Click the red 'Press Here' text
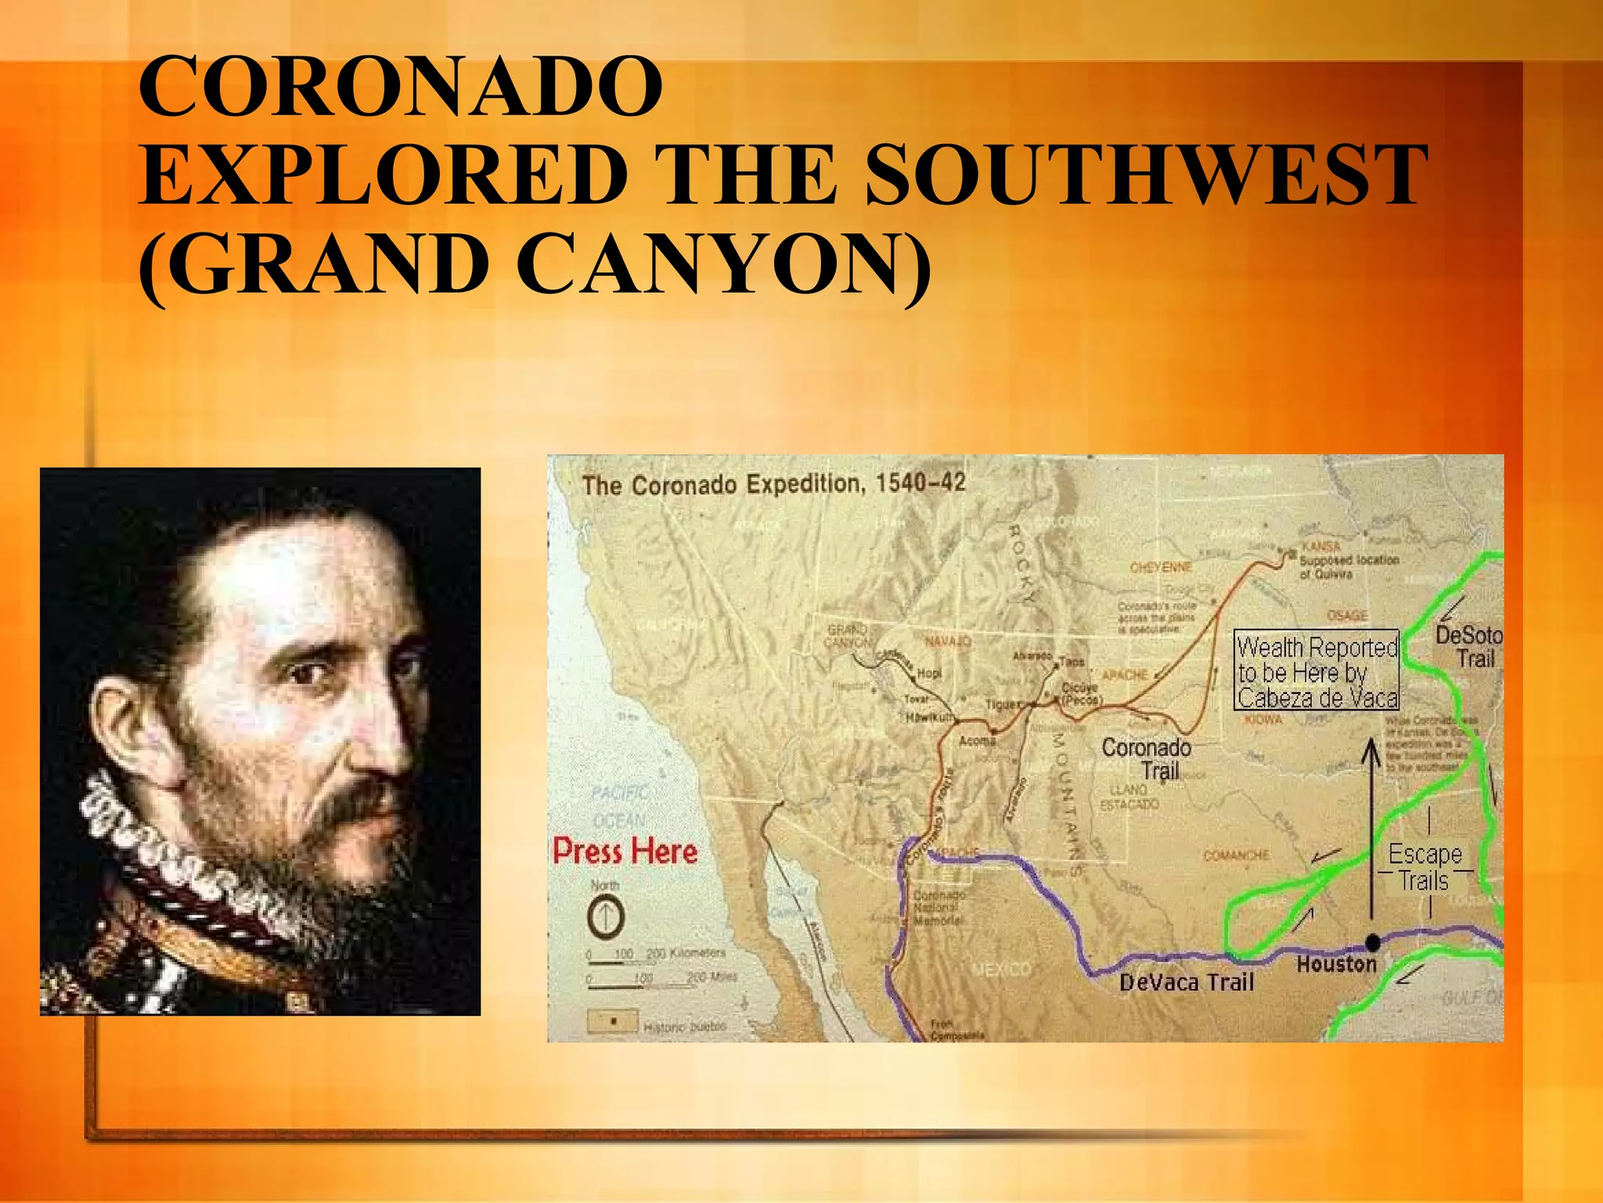coord(625,851)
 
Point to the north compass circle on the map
coord(606,916)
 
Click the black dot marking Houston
coord(1372,941)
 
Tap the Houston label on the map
coord(1336,964)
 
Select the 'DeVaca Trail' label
coord(1186,982)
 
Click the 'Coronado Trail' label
coord(1147,758)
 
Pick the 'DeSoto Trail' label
coord(1469,646)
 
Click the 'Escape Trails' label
coord(1425,866)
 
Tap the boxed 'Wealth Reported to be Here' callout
coord(1317,671)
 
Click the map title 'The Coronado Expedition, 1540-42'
coord(773,484)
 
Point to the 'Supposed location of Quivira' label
coord(1348,566)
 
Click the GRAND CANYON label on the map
coord(848,635)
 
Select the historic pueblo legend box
coord(612,1021)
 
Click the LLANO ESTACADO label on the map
coord(1129,797)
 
